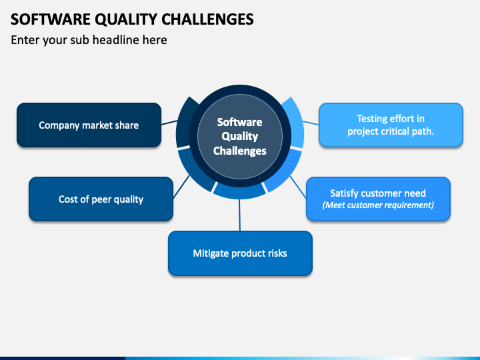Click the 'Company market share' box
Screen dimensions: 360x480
click(x=89, y=125)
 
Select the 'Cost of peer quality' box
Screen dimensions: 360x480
click(x=101, y=199)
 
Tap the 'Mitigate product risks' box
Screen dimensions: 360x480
click(x=240, y=253)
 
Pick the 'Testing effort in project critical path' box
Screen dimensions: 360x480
click(x=391, y=125)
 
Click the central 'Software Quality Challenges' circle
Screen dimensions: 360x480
click(x=240, y=137)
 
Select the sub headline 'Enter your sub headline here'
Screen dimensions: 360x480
click(x=89, y=40)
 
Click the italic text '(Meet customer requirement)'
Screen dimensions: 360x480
click(x=378, y=205)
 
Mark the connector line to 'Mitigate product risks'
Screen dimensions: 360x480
click(x=240, y=215)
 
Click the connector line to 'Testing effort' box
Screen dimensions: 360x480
click(x=311, y=123)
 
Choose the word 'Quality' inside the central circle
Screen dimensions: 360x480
click(x=240, y=137)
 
